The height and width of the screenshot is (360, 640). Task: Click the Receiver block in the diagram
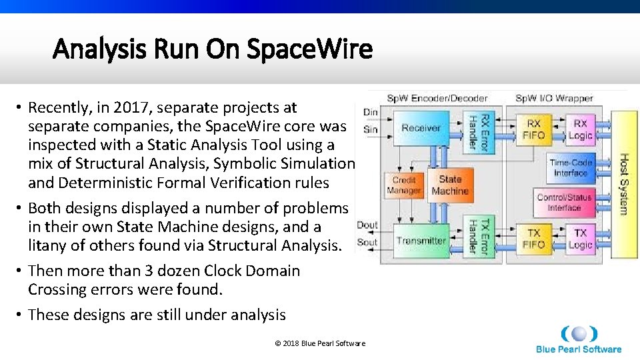[421, 128]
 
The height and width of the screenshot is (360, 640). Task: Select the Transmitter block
[421, 241]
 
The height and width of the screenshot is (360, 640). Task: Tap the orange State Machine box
[450, 185]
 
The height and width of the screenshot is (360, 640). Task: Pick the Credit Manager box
[404, 185]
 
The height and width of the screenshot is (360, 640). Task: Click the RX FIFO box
[533, 129]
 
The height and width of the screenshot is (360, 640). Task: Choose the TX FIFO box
[533, 239]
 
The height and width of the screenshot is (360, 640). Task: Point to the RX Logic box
[580, 129]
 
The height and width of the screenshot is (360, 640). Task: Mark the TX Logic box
[580, 239]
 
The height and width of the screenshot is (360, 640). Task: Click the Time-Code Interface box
[570, 167]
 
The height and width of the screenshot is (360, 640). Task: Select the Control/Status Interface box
[564, 203]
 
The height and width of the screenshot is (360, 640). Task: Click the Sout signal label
[367, 243]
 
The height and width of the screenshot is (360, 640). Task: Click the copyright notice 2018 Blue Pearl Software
[320, 343]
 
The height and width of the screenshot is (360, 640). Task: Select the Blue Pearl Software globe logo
[578, 333]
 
